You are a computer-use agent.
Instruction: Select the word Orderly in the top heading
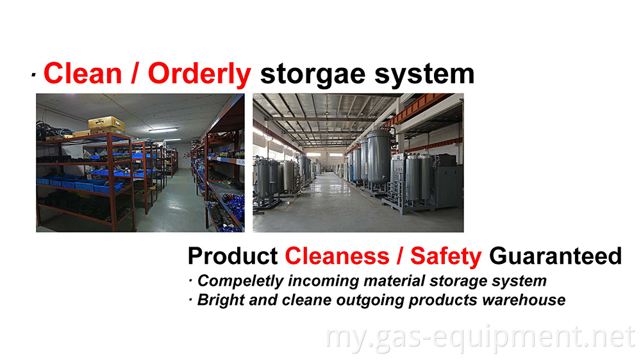(199, 74)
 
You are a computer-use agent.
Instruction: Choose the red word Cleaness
(337, 256)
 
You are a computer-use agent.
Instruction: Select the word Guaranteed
(555, 256)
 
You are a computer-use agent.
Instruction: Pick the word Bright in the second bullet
(219, 300)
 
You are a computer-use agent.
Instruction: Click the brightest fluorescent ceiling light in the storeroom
(163, 130)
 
